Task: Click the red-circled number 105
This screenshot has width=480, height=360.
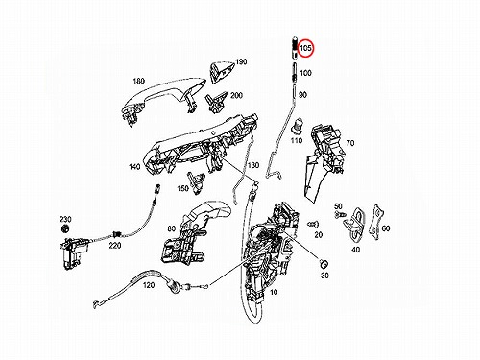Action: coord(305,48)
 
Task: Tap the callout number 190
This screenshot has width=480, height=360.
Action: coord(241,61)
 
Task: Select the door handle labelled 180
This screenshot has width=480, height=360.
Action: coord(164,100)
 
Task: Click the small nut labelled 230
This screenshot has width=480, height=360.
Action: coord(65,228)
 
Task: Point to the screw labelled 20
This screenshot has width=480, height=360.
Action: coord(313,224)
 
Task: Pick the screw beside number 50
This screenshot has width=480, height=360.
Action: coord(339,214)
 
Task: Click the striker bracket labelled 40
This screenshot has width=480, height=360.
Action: coord(354,224)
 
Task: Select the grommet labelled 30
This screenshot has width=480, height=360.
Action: coord(324,264)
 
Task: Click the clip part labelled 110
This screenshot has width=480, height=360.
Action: coord(297,126)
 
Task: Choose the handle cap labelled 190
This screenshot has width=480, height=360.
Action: coord(222,72)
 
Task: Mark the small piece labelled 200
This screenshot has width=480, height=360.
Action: coord(216,102)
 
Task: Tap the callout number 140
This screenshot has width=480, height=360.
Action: coord(134,167)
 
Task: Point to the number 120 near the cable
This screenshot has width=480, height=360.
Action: coord(149,285)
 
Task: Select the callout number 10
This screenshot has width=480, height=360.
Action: coord(274,292)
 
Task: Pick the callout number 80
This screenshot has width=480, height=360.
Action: coord(172,228)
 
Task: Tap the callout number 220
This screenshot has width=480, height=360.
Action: coord(115,245)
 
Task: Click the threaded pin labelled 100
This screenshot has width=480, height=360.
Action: coord(294,73)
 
